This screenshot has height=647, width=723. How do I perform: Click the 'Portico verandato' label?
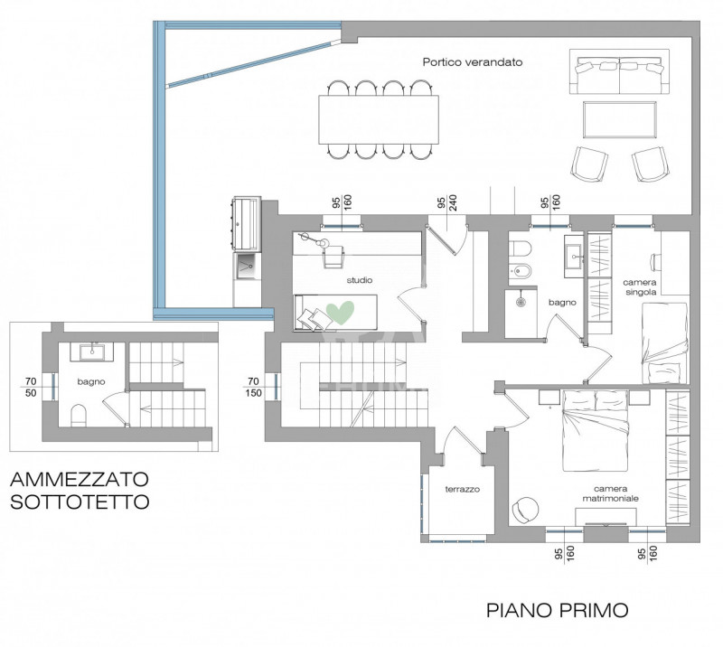pos(473,62)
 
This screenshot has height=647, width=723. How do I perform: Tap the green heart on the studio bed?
pos(341,312)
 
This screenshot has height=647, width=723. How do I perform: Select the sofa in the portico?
pos(619,71)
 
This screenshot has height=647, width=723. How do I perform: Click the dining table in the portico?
pos(379,120)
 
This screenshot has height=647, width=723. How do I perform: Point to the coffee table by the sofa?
pos(620,119)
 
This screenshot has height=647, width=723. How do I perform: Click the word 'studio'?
pos(360,280)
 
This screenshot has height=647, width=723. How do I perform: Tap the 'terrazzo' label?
pos(463,489)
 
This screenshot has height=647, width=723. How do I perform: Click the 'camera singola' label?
pos(640,287)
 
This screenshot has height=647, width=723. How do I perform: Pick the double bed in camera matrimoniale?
pos(596,431)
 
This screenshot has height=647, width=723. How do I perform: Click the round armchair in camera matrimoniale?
pos(525,510)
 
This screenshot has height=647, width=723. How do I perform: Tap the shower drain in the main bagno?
pos(521,302)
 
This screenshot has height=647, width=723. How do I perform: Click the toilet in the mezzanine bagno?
pos(79,416)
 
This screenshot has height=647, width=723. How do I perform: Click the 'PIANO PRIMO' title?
pos(558,610)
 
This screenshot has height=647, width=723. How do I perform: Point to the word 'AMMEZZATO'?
pos(80,479)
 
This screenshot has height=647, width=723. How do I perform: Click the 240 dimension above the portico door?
pos(453,203)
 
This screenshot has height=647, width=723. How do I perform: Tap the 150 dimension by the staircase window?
pos(254,393)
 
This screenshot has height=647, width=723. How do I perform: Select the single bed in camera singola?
pos(664,342)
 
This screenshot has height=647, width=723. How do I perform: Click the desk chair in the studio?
pos(333,257)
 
